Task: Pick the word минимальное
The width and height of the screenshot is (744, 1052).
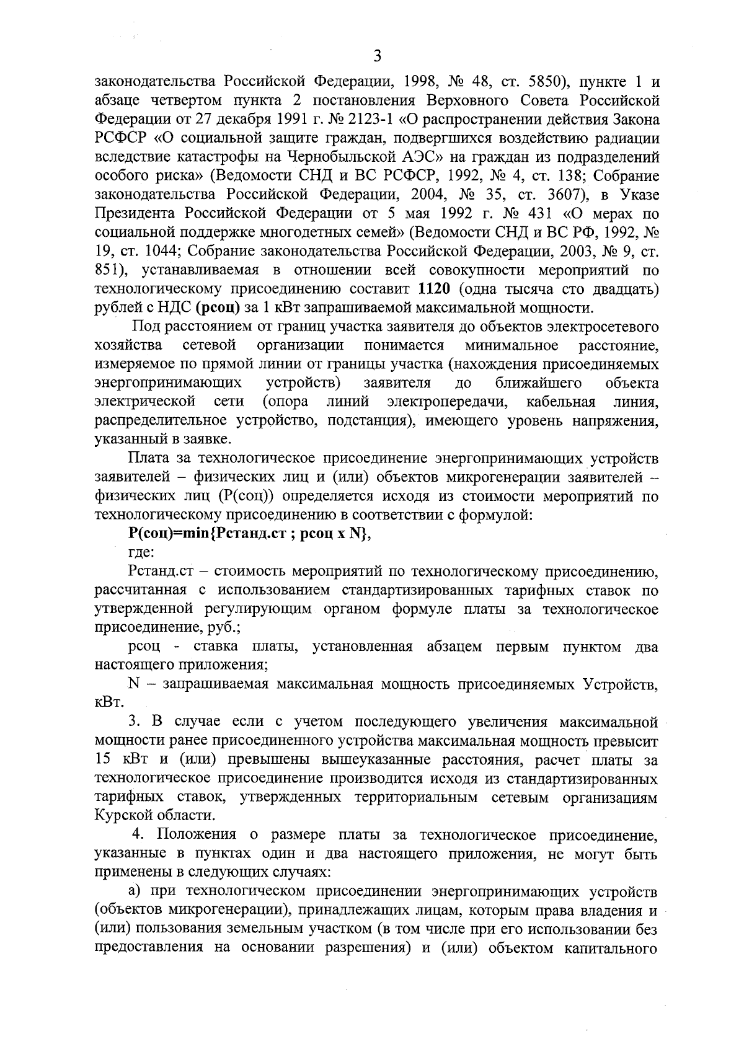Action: [x=511, y=345]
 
